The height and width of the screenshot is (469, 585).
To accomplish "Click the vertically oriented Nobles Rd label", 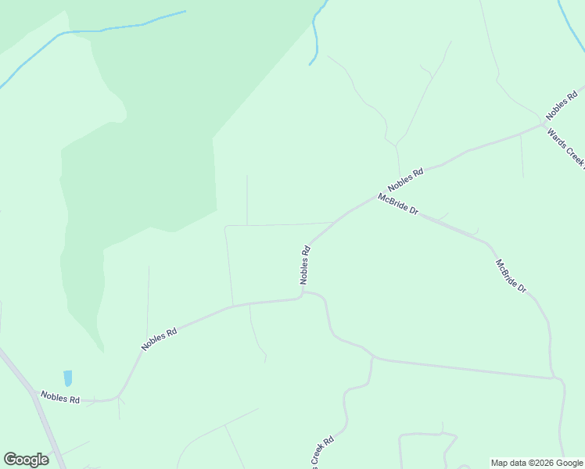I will pyautogui.click(x=305, y=265).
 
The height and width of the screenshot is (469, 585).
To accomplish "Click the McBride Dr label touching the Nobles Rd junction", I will pyautogui.click(x=398, y=205).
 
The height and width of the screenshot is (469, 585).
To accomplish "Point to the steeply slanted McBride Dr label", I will pyautogui.click(x=511, y=276).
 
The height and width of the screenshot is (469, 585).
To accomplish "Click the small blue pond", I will pyautogui.click(x=67, y=378).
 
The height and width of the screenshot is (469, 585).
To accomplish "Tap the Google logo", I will pyautogui.click(x=26, y=460).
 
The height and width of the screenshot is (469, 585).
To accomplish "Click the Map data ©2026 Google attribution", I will pyautogui.click(x=537, y=463).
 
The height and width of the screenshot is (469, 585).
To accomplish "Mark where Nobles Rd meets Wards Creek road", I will pyautogui.click(x=544, y=123).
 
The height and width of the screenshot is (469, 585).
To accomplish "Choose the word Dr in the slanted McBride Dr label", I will pyautogui.click(x=521, y=288).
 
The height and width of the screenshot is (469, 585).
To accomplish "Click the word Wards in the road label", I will pyautogui.click(x=557, y=136).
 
